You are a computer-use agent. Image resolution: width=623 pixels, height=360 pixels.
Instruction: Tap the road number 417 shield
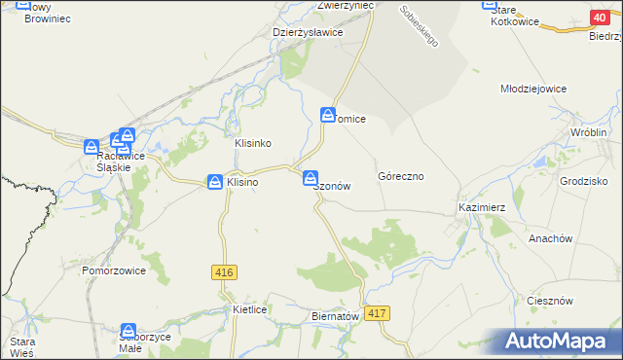tap(380, 313)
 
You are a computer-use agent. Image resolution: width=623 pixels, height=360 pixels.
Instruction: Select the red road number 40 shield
tap(600, 18)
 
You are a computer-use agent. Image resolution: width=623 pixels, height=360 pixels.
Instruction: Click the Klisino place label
tap(242, 182)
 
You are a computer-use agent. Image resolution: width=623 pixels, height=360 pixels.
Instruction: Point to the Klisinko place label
tap(252, 143)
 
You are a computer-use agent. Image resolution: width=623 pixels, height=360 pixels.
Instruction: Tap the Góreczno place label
tap(400, 177)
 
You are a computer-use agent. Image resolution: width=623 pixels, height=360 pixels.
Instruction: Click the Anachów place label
tap(549, 238)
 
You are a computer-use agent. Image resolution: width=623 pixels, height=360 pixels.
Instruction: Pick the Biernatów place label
tap(336, 316)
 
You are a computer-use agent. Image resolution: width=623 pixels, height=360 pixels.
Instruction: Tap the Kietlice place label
tap(250, 308)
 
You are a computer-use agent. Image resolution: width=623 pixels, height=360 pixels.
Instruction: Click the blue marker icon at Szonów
tap(310, 178)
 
